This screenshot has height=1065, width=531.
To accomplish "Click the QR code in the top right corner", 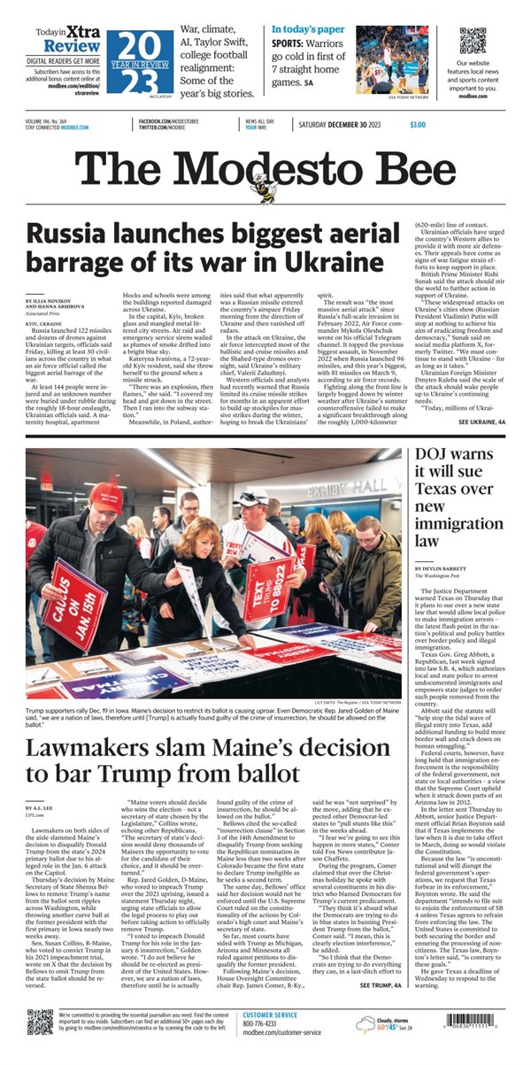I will (473, 41).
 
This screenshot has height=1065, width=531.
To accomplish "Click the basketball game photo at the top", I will (392, 59).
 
